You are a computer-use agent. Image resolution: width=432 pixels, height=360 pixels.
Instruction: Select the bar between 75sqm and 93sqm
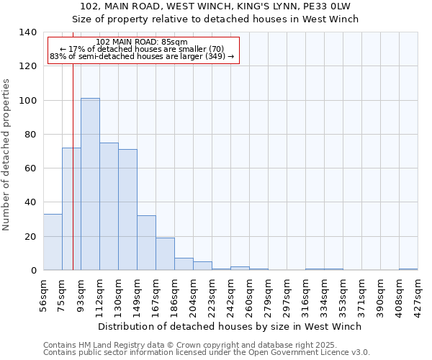click(x=71, y=209)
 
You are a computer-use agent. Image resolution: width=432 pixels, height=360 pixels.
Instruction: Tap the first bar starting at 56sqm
click(x=53, y=242)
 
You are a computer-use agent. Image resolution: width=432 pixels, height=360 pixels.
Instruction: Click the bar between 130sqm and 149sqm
click(x=127, y=210)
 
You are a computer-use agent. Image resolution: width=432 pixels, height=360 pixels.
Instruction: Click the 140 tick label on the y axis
click(x=27, y=32)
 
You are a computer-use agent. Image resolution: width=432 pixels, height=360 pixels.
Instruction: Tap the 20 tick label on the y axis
click(x=30, y=236)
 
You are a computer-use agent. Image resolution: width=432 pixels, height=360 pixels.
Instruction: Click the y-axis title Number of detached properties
click(x=7, y=155)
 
